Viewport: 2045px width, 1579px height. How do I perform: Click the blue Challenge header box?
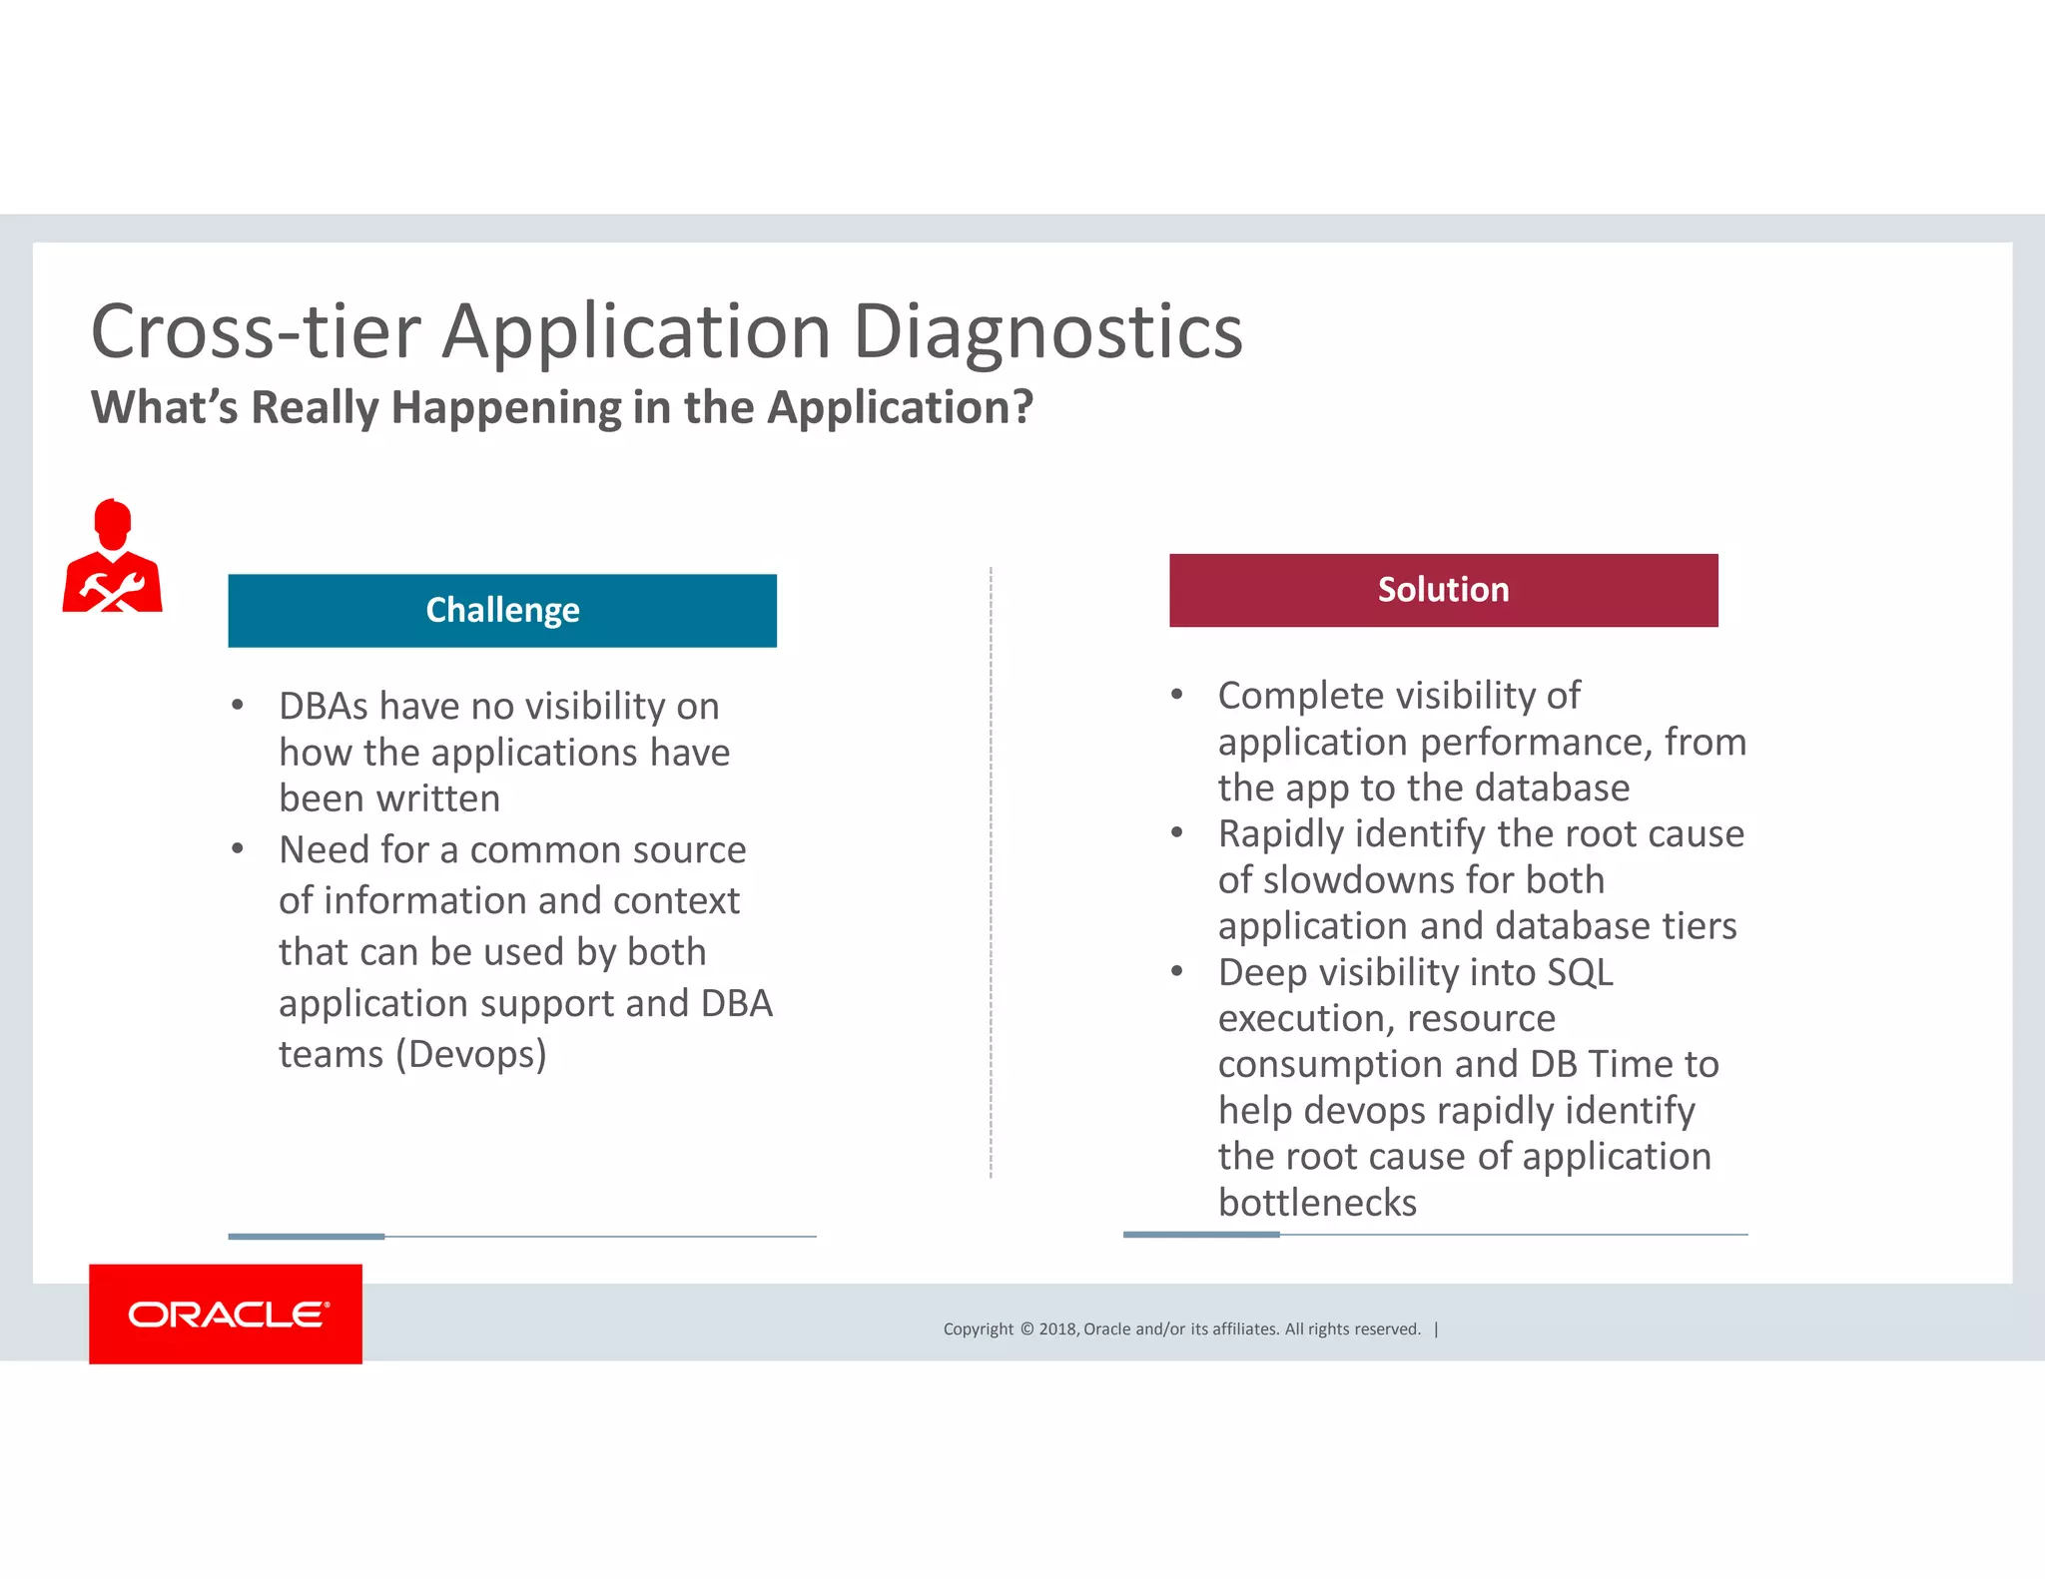point(502,610)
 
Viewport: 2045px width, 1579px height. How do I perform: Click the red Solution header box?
point(1443,590)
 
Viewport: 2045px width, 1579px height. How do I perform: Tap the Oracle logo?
point(226,1314)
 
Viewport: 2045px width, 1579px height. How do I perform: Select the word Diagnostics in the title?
point(1047,331)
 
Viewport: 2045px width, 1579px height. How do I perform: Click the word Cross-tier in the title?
point(256,331)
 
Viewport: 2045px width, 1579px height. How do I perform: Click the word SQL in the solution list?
point(1580,972)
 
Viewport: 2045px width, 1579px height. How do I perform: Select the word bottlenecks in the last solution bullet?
point(1316,1202)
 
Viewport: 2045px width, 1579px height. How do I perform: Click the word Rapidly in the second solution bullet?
point(1280,833)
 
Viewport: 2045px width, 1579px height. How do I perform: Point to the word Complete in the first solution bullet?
point(1299,696)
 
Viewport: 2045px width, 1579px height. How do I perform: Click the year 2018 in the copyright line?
point(1056,1328)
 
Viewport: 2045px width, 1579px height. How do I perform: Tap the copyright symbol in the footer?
point(1026,1328)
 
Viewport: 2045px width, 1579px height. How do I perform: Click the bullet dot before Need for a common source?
point(238,849)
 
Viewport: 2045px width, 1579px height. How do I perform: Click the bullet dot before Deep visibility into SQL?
point(1177,971)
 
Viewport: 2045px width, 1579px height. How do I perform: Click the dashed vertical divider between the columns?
point(991,868)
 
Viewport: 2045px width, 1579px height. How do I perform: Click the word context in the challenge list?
point(676,900)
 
